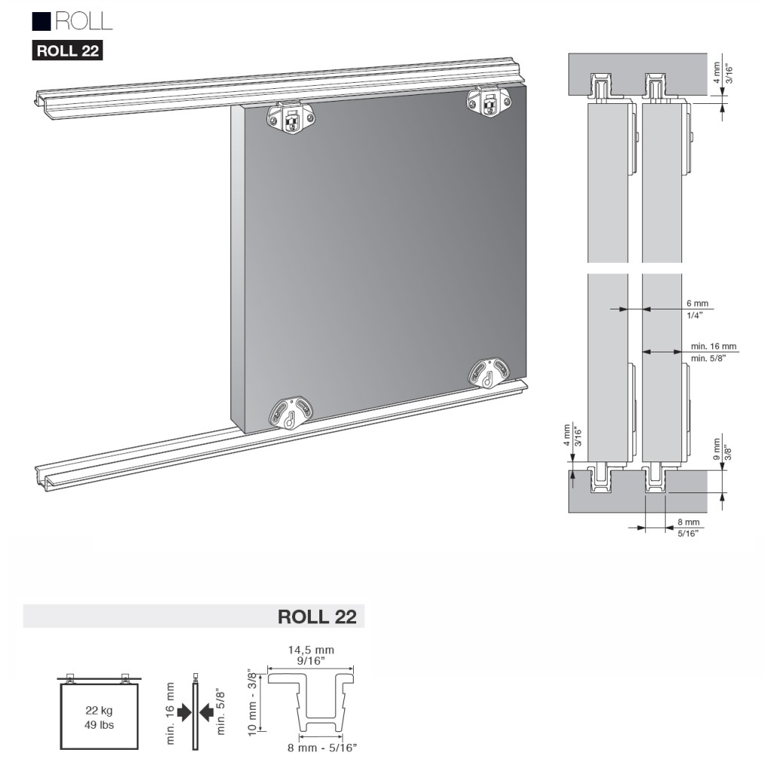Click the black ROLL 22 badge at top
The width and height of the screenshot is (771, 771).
click(x=67, y=50)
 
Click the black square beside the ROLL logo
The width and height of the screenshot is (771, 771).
click(x=42, y=21)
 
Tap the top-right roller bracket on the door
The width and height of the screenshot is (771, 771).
click(x=488, y=102)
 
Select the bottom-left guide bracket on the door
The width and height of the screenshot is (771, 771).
click(x=291, y=411)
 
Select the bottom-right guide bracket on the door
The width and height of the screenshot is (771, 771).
click(x=489, y=373)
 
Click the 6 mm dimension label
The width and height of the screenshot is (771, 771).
click(x=698, y=303)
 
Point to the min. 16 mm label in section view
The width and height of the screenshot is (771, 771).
click(x=714, y=346)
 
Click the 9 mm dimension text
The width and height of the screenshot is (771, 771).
click(x=717, y=449)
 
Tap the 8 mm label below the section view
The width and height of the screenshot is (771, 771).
click(x=688, y=522)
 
